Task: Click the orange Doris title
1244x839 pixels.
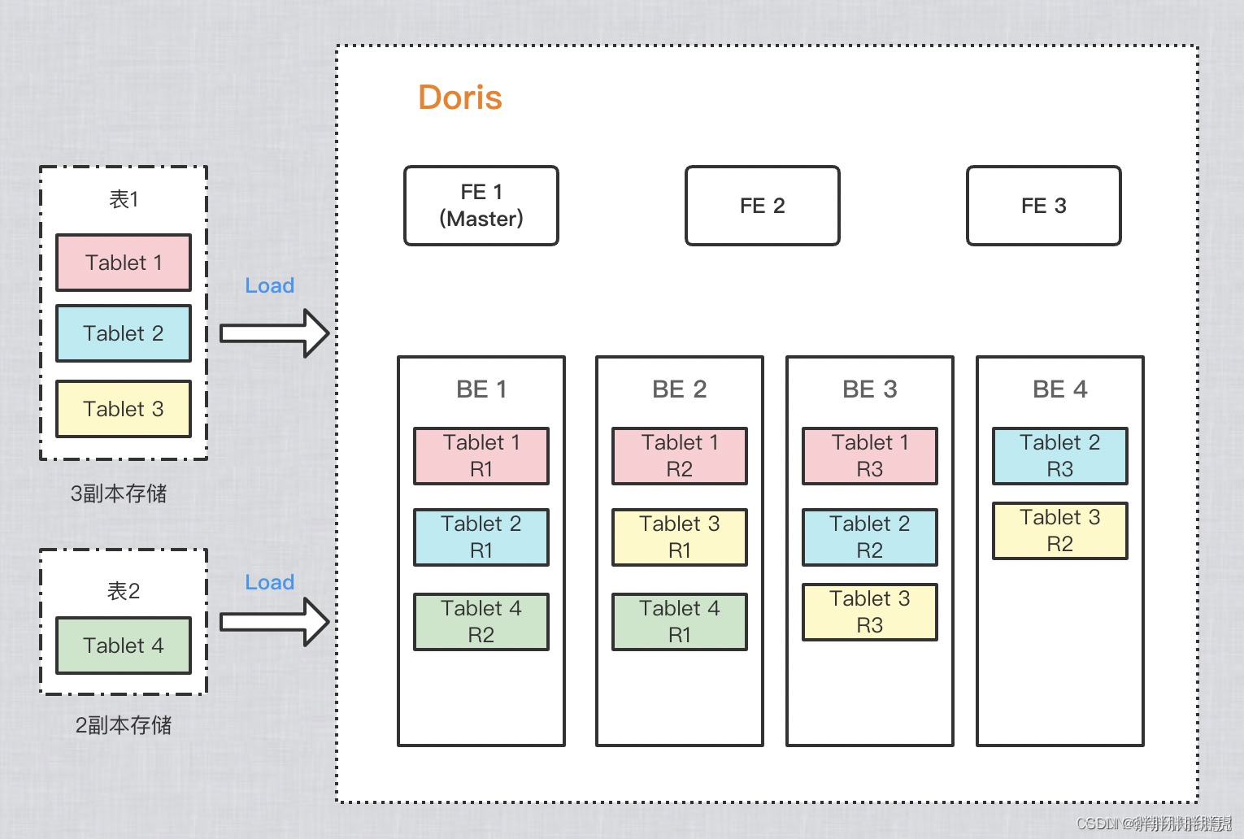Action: point(460,98)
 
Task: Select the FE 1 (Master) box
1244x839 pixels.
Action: point(481,206)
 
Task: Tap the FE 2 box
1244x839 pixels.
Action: point(762,206)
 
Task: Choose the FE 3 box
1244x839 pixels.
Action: point(1043,206)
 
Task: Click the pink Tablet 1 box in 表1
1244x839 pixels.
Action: point(124,263)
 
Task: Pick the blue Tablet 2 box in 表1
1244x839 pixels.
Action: point(124,333)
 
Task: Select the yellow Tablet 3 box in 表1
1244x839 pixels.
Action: point(124,409)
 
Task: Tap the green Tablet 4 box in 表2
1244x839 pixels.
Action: point(124,646)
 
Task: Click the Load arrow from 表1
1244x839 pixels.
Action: point(274,333)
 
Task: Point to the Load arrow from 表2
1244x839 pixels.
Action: point(274,622)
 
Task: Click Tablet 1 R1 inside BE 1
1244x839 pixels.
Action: point(481,456)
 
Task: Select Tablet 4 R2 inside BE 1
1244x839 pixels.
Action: point(481,622)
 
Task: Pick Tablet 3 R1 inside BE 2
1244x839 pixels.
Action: point(680,537)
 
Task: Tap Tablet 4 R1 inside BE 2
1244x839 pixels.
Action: point(680,622)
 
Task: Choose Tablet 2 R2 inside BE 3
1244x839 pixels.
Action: point(870,537)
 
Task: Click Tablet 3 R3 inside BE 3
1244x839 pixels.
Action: point(870,612)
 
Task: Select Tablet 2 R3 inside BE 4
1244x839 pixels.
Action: point(1060,456)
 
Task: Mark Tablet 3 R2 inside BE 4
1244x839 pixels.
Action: point(1060,531)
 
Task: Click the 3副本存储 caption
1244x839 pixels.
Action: point(119,493)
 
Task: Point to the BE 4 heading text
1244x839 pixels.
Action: point(1060,389)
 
